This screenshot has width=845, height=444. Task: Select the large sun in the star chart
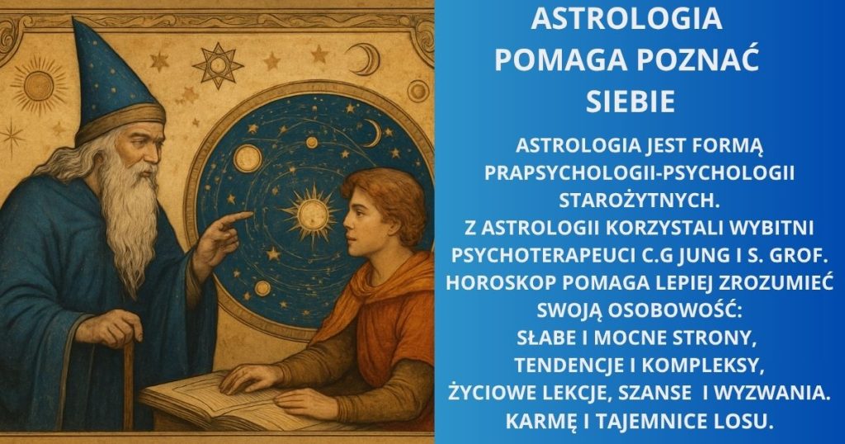[312, 212]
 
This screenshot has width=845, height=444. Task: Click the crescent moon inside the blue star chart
[373, 133]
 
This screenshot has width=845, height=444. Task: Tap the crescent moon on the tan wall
[361, 59]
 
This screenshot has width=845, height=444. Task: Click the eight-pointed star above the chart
[218, 65]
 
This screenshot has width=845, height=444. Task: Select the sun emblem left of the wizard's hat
[38, 85]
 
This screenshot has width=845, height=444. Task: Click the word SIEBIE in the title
[630, 102]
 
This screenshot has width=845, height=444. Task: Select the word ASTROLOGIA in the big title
[627, 19]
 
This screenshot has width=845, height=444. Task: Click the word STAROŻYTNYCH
[640, 201]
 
